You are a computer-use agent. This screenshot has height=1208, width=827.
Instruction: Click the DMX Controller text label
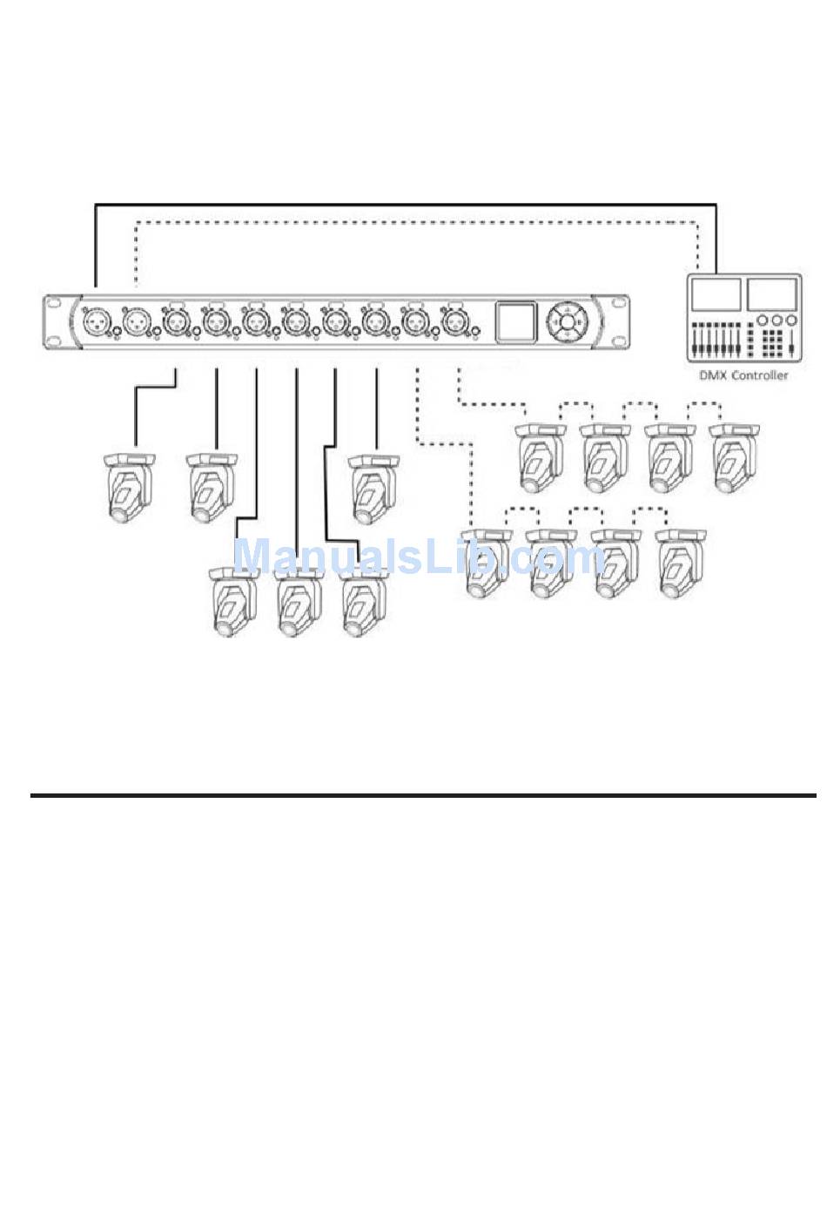point(743,375)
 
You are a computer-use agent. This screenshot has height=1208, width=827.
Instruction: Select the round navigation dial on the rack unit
point(568,321)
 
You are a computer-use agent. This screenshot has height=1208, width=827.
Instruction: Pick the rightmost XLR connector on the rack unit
point(454,322)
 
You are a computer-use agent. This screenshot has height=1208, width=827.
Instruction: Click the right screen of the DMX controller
point(771,294)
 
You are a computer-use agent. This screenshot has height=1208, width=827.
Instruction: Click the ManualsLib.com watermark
point(418,557)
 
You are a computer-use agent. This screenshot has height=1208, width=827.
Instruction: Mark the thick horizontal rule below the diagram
point(423,795)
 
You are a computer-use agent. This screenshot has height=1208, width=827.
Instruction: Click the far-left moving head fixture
point(129,488)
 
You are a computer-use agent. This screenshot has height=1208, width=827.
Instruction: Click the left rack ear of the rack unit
point(55,322)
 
